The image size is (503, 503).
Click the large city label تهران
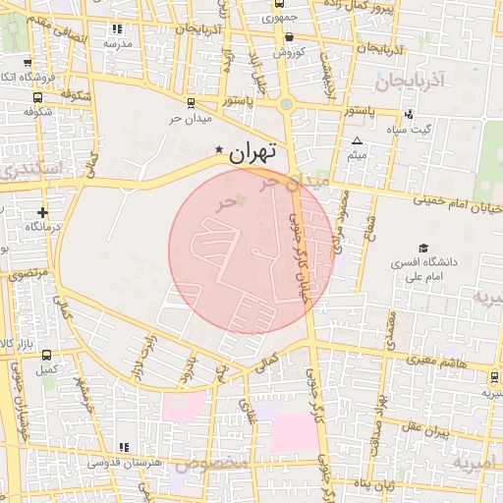[252, 154]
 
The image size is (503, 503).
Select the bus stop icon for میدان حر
[190, 101]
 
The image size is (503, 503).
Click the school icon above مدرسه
[118, 29]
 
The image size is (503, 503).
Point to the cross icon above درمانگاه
[41, 212]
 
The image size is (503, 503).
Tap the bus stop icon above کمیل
[46, 356]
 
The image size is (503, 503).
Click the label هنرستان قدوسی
[124, 462]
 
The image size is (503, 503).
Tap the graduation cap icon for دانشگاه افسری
[423, 249]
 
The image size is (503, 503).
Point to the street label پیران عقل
[424, 430]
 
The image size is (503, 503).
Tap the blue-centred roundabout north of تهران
[286, 104]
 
